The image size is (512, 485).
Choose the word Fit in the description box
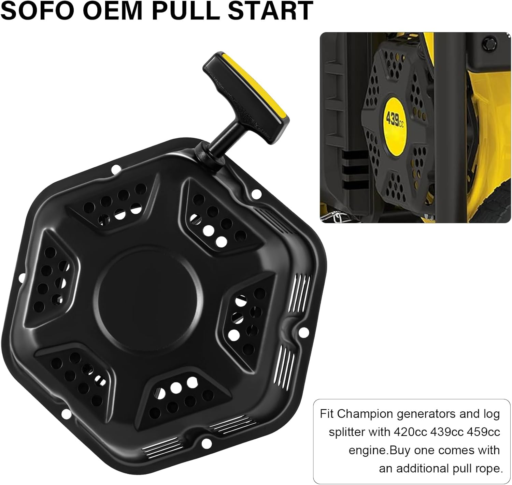coord(327,414)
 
